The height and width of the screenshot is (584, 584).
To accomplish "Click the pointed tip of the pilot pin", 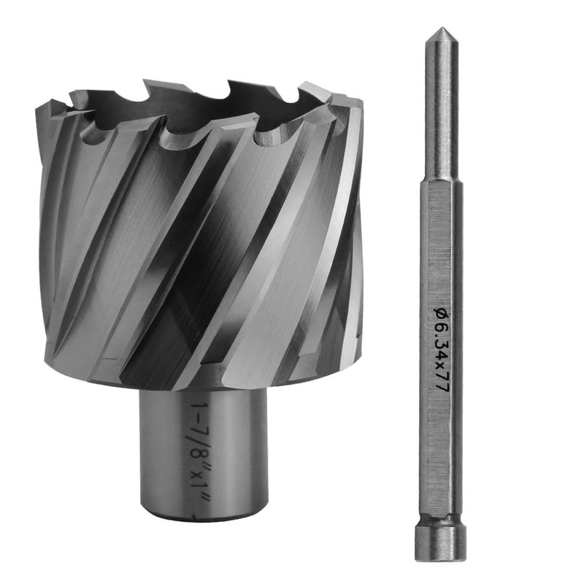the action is (x=442, y=28).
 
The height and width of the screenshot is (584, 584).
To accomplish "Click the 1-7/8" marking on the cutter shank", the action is (x=200, y=437).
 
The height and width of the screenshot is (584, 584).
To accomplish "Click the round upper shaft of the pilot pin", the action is (x=442, y=112).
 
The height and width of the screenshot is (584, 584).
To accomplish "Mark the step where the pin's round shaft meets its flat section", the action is (x=442, y=182).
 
